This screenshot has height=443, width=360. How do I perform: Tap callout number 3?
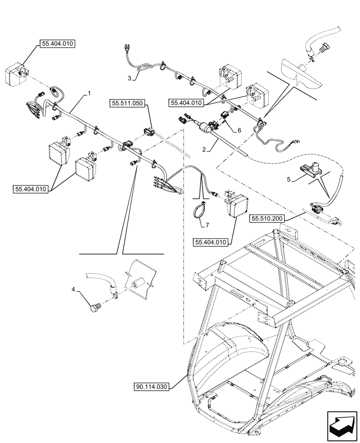coord(129,78)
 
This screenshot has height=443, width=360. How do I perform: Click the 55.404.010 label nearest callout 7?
coord(209,242)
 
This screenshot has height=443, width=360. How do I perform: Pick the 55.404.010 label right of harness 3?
coord(186,103)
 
